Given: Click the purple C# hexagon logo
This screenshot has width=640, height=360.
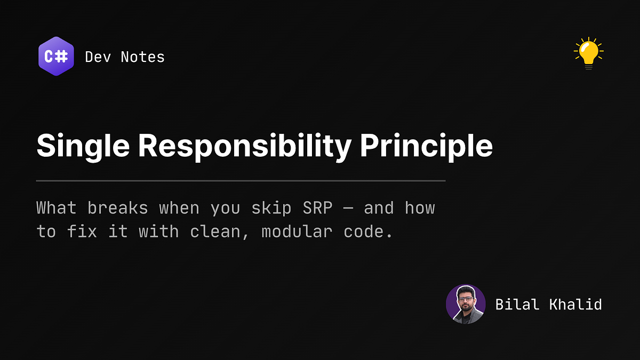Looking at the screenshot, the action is pyautogui.click(x=57, y=57).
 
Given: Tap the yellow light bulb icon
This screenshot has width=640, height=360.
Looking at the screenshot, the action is pyautogui.click(x=589, y=53).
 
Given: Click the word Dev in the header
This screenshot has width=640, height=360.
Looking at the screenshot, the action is pyautogui.click(x=98, y=57).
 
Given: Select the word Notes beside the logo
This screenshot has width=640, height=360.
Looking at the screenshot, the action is pyautogui.click(x=143, y=57).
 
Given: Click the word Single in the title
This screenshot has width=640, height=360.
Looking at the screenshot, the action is pyautogui.click(x=83, y=147).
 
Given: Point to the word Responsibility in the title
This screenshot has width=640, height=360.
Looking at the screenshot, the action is pyautogui.click(x=245, y=147).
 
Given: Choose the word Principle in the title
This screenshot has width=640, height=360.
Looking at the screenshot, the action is pyautogui.click(x=426, y=147).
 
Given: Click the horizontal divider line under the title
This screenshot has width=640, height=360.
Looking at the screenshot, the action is pyautogui.click(x=241, y=181).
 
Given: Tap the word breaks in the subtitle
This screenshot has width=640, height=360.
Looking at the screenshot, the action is pyautogui.click(x=118, y=207).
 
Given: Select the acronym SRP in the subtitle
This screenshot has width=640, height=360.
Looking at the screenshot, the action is pyautogui.click(x=317, y=207).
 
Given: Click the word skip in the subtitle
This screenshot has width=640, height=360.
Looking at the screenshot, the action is pyautogui.click(x=271, y=209).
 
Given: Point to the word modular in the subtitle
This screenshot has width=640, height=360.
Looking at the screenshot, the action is pyautogui.click(x=297, y=231).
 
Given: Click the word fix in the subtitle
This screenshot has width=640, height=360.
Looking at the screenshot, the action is pyautogui.click(x=82, y=231).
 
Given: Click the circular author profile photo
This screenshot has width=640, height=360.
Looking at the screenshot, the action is pyautogui.click(x=466, y=304).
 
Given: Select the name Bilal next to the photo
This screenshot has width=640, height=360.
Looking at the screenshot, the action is pyautogui.click(x=517, y=305).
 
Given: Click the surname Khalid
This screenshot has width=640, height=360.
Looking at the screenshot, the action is pyautogui.click(x=575, y=305).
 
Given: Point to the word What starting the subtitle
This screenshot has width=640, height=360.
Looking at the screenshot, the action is pyautogui.click(x=57, y=207).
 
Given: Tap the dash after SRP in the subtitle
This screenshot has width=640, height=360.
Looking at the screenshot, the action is pyautogui.click(x=348, y=209).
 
